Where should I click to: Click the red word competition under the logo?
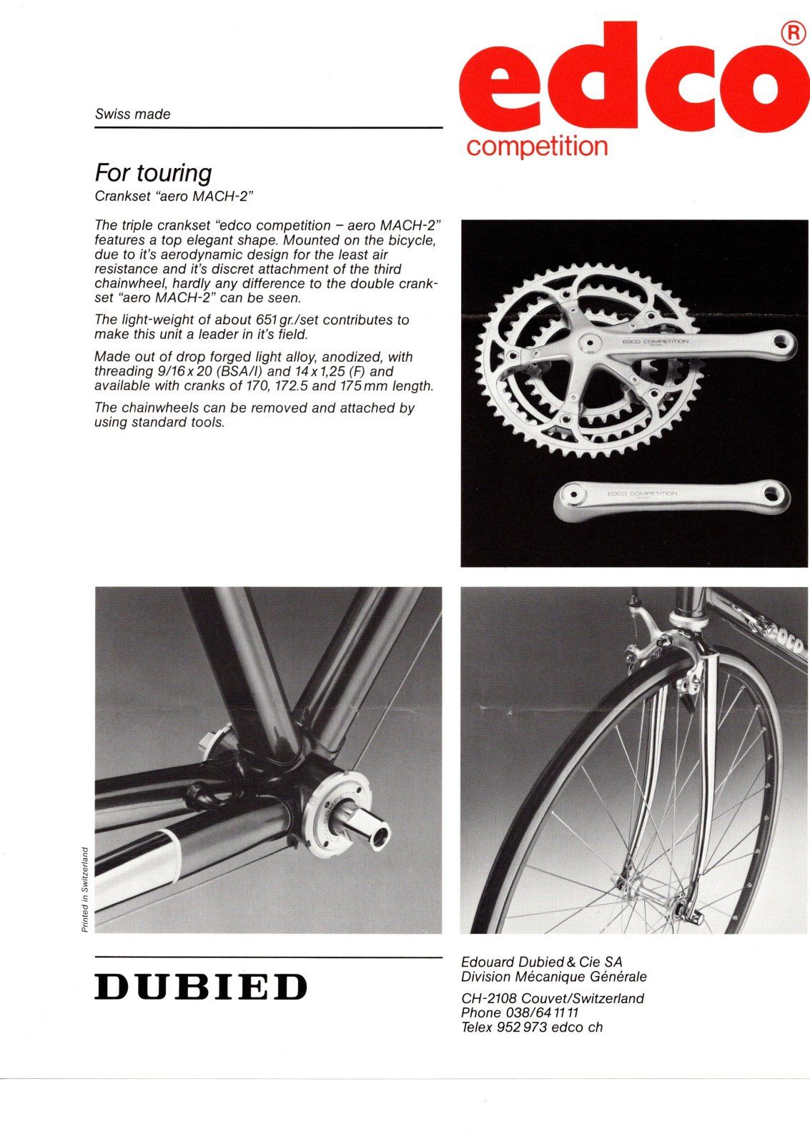click(537, 147)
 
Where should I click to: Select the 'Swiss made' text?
click(133, 114)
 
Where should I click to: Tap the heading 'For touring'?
click(154, 173)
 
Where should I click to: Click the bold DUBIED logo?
click(201, 987)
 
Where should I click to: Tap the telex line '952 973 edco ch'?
click(549, 1027)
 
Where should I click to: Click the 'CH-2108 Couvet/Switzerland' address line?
click(553, 998)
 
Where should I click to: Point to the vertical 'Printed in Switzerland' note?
click(84, 889)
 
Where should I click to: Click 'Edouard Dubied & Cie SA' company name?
click(542, 962)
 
